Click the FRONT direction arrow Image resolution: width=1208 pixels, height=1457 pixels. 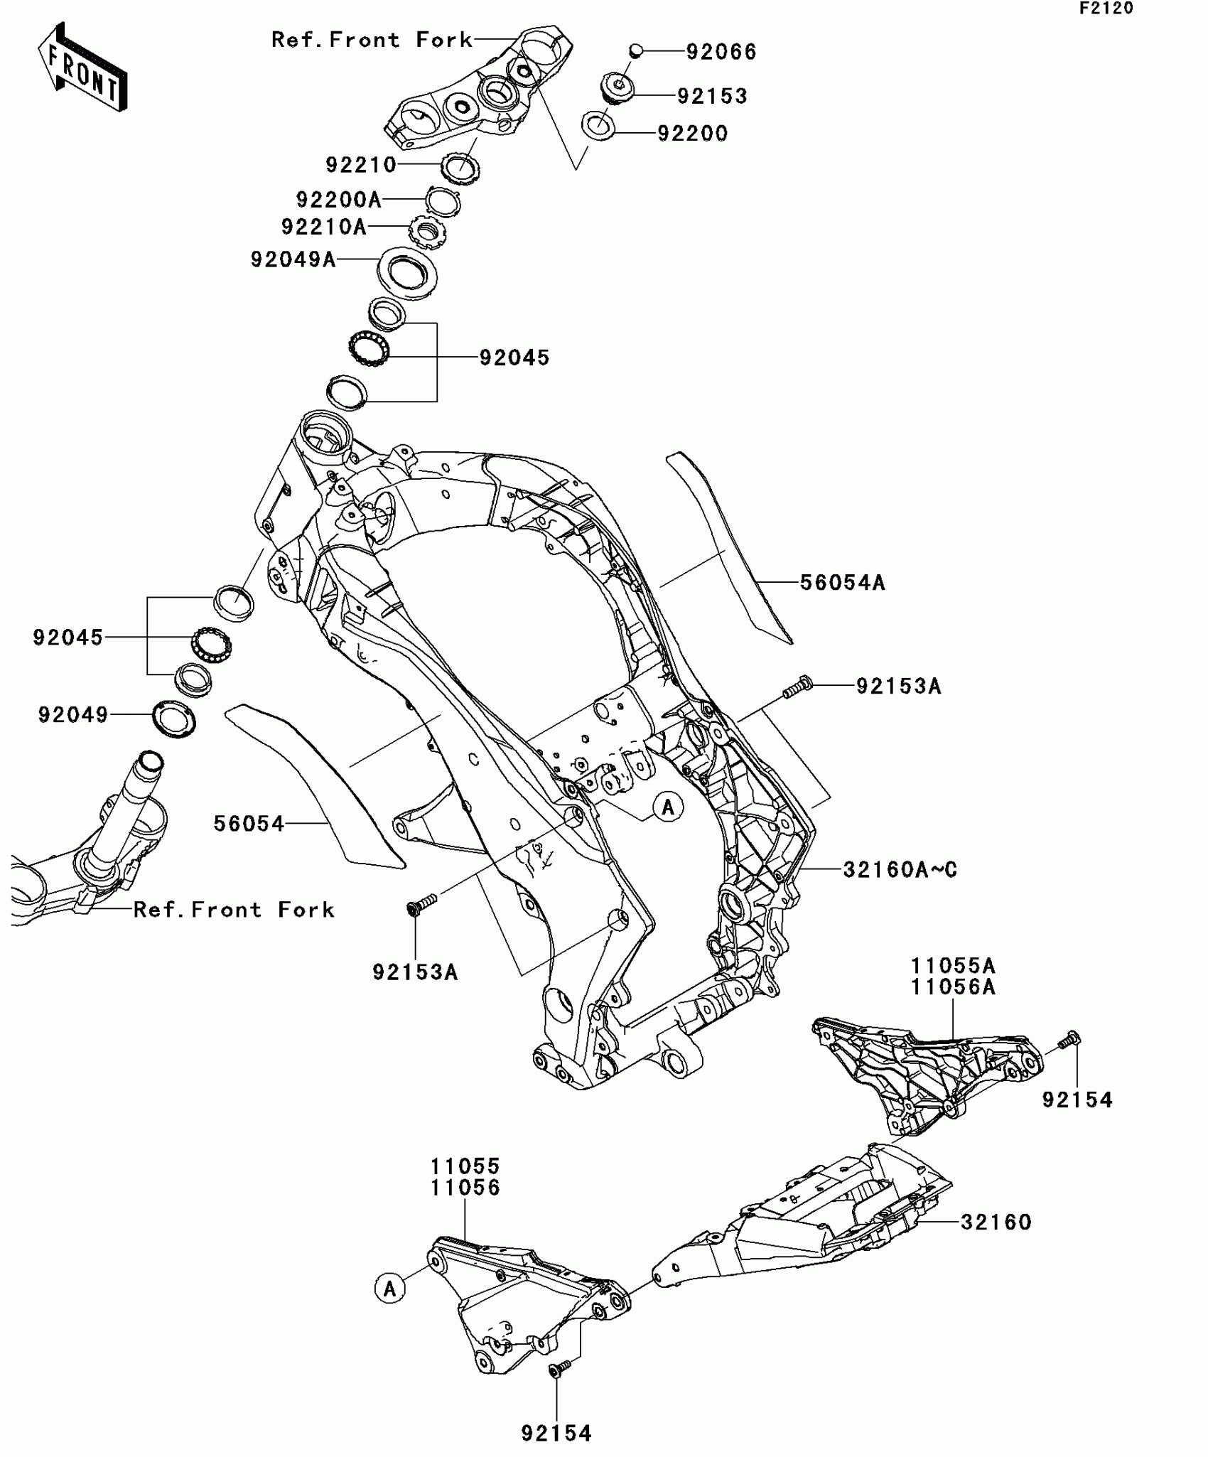tap(82, 68)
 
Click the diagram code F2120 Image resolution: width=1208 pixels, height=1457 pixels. tap(1106, 9)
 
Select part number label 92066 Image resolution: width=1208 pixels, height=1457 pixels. tap(721, 52)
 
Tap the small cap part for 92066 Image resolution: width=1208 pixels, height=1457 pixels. tap(636, 50)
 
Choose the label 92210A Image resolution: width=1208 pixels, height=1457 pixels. tap(324, 227)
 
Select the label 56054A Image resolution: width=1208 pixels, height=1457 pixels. tap(843, 583)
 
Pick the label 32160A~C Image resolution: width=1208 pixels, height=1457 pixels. tap(900, 869)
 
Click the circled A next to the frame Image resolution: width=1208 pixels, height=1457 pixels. tap(668, 807)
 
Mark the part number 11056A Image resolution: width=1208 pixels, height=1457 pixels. tap(954, 987)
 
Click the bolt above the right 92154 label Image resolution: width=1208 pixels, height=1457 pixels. tap(1069, 1042)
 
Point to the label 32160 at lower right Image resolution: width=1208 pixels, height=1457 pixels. tap(996, 1222)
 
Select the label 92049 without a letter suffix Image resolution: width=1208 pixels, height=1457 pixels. tap(73, 715)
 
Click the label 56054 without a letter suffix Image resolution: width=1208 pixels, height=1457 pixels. tap(249, 824)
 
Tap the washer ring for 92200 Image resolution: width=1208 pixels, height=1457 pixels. tap(598, 126)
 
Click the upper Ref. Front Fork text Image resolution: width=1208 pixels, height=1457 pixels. tap(372, 40)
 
